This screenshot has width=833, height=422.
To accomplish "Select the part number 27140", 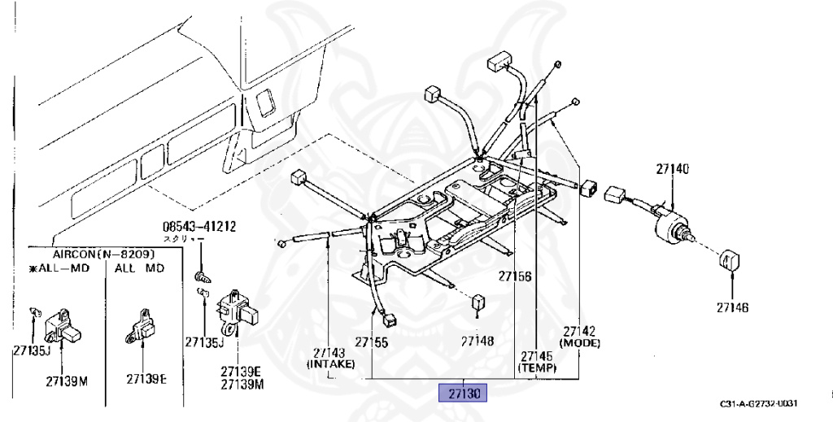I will click(x=673, y=169).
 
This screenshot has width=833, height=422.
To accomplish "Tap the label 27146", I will click(x=732, y=307).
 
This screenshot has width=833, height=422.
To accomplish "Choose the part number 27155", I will click(x=371, y=342).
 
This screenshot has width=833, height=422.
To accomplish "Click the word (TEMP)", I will click(x=537, y=368).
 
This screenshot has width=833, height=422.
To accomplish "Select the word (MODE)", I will click(x=580, y=343).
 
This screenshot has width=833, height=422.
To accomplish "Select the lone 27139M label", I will click(x=67, y=381).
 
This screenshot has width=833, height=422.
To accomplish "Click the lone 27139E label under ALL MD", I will click(x=146, y=378).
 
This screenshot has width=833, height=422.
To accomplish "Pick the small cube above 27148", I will click(x=479, y=302).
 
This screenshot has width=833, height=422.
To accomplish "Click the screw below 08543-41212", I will click(x=199, y=277).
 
